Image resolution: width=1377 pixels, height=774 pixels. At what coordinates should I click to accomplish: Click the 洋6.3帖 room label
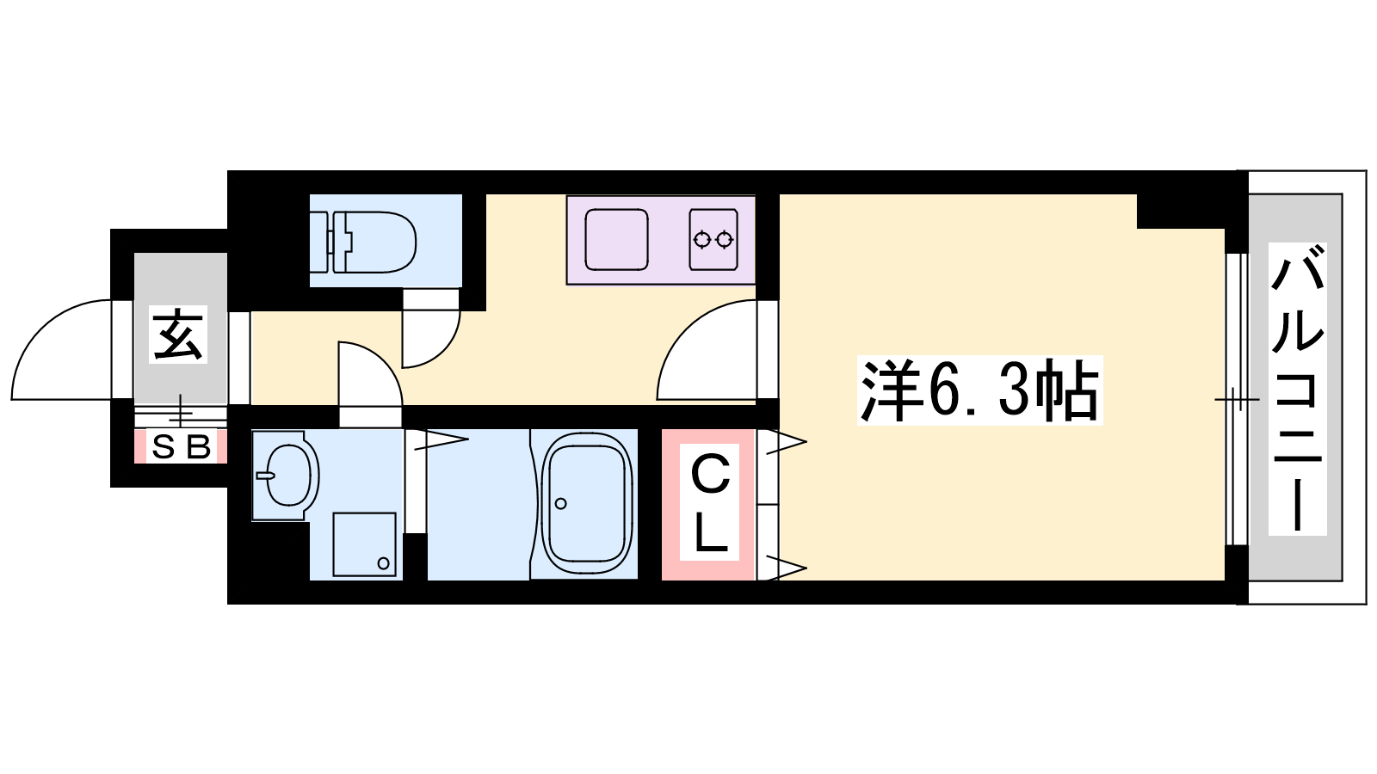tap(980, 390)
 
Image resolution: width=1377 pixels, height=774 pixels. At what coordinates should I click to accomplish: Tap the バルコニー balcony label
tap(1297, 388)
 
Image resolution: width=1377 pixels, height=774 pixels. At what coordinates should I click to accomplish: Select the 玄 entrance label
tap(178, 335)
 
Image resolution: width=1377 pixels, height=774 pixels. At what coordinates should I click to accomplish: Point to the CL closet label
tap(710, 502)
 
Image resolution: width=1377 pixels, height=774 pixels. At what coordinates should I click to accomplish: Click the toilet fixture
tap(364, 242)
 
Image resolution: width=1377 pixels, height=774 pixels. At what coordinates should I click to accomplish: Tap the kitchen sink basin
tap(616, 240)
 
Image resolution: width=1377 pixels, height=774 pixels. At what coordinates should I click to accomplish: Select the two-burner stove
tap(713, 240)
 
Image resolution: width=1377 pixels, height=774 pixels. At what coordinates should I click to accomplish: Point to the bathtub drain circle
tap(560, 504)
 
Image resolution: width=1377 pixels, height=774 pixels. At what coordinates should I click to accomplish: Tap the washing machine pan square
tap(364, 544)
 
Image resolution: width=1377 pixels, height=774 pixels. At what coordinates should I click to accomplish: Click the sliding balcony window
tap(1237, 399)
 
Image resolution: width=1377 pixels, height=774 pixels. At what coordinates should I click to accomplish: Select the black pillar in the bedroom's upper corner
tap(1180, 212)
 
